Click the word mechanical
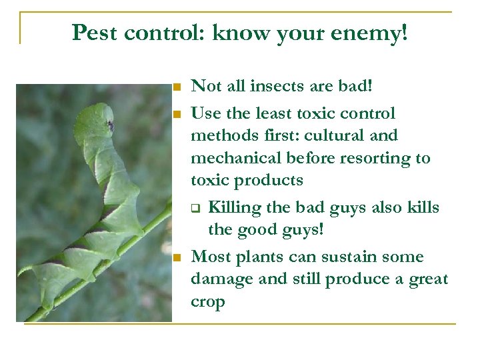click(x=236, y=158)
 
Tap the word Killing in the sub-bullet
click(x=235, y=207)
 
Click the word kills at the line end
click(x=421, y=207)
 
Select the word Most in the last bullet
click(x=208, y=257)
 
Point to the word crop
click(x=207, y=302)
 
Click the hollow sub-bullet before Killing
click(x=197, y=208)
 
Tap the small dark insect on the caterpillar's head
click(x=109, y=125)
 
